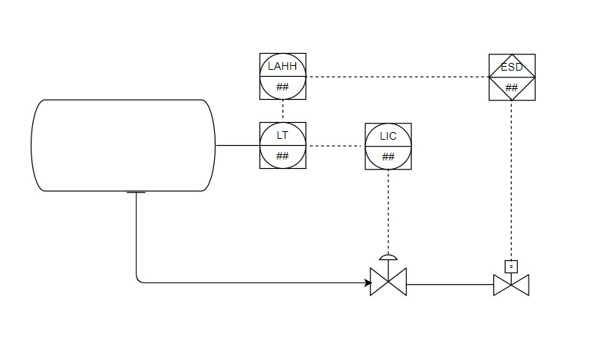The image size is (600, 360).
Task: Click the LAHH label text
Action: [x=282, y=67]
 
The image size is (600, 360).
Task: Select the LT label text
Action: [x=282, y=135]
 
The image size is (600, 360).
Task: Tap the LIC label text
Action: [x=388, y=136]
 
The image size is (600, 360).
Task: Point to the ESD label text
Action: [x=512, y=67]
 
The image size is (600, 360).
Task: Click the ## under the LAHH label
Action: [x=282, y=86]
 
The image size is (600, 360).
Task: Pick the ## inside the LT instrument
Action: [x=282, y=156]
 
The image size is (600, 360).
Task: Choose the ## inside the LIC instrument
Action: [x=388, y=157]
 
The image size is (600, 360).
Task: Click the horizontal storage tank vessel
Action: [x=120, y=145]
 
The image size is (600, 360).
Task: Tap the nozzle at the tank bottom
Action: [x=136, y=192]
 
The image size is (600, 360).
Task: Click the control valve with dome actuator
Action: [x=388, y=282]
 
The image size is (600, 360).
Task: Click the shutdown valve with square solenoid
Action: [x=512, y=284]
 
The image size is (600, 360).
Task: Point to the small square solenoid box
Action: [x=512, y=266]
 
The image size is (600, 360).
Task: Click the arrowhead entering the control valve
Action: [x=367, y=282]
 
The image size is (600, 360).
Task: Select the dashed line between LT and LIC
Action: [x=335, y=145]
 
